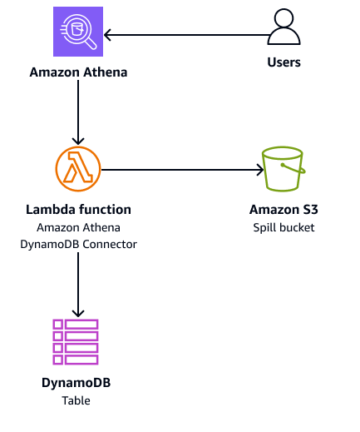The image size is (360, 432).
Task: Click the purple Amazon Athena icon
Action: (x=77, y=34)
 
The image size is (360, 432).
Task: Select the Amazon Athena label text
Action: (x=77, y=72)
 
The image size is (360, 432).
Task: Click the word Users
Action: (x=284, y=62)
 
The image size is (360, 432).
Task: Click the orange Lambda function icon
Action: (x=77, y=169)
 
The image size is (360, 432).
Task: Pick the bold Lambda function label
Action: (x=77, y=210)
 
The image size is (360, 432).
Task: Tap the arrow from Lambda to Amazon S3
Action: (x=179, y=170)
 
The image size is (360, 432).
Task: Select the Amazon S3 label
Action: (x=284, y=210)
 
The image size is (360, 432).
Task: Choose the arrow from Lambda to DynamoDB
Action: (x=77, y=283)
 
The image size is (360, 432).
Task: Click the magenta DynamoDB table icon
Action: (x=76, y=340)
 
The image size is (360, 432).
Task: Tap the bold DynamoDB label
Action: (x=76, y=384)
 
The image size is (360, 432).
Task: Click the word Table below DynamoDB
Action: (x=76, y=400)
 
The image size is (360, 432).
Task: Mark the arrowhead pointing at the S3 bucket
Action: (x=257, y=170)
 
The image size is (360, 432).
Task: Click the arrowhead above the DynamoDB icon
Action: (x=77, y=312)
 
